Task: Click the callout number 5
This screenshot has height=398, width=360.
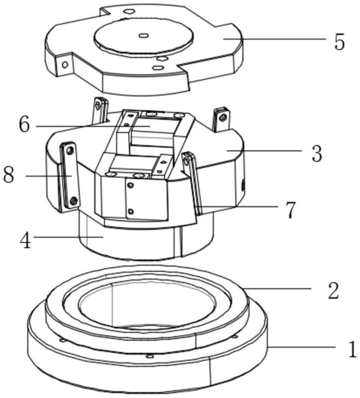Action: click(x=340, y=42)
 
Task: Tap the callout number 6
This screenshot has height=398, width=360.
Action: click(x=24, y=125)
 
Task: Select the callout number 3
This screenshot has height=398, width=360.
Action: click(x=317, y=153)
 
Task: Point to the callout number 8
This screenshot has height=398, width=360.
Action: click(x=8, y=175)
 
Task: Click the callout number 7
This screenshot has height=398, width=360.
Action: click(x=289, y=210)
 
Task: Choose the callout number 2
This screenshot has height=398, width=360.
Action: click(x=333, y=291)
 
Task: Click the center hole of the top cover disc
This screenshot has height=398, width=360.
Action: click(x=143, y=35)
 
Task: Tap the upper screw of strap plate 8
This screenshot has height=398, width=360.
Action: click(x=69, y=151)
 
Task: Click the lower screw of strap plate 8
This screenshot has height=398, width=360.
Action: click(x=74, y=201)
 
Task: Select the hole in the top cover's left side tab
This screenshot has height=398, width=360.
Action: click(x=65, y=65)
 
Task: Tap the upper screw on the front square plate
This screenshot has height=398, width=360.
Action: click(x=130, y=186)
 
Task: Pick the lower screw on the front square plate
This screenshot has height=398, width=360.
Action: click(x=131, y=211)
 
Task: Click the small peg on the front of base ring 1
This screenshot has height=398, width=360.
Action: click(x=150, y=356)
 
